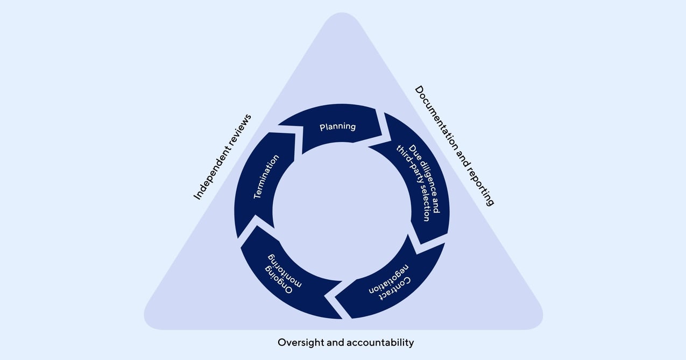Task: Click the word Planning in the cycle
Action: coord(337,127)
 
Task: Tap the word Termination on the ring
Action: coord(266,177)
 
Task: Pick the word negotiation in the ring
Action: coord(387,279)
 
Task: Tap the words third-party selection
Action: coord(414,183)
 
